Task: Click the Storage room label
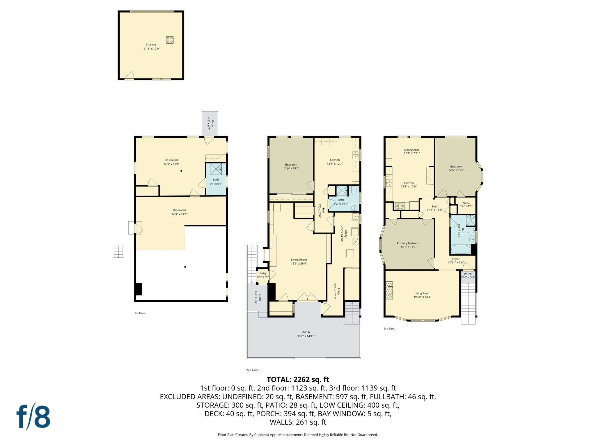coord(151,45)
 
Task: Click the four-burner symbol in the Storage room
coord(170,40)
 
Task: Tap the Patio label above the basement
coord(212,123)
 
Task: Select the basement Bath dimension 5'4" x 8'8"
coord(216,184)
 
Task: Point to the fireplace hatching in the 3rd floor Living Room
coord(389,290)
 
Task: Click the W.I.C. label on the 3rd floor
coord(466,203)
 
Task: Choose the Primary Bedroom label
coord(408,243)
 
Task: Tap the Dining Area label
coord(411,150)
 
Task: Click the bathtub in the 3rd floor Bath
coord(460,250)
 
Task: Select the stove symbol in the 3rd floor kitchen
coord(400,206)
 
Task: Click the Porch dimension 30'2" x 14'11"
coord(306,336)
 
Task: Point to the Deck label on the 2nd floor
coord(260,297)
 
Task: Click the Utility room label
coord(346,234)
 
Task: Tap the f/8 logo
coord(33,416)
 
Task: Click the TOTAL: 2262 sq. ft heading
coord(298,379)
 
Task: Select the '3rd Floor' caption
coord(389,329)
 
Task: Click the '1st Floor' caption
coord(140,313)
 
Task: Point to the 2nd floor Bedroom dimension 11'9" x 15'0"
coord(291,168)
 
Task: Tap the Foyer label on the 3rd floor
coord(456,259)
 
